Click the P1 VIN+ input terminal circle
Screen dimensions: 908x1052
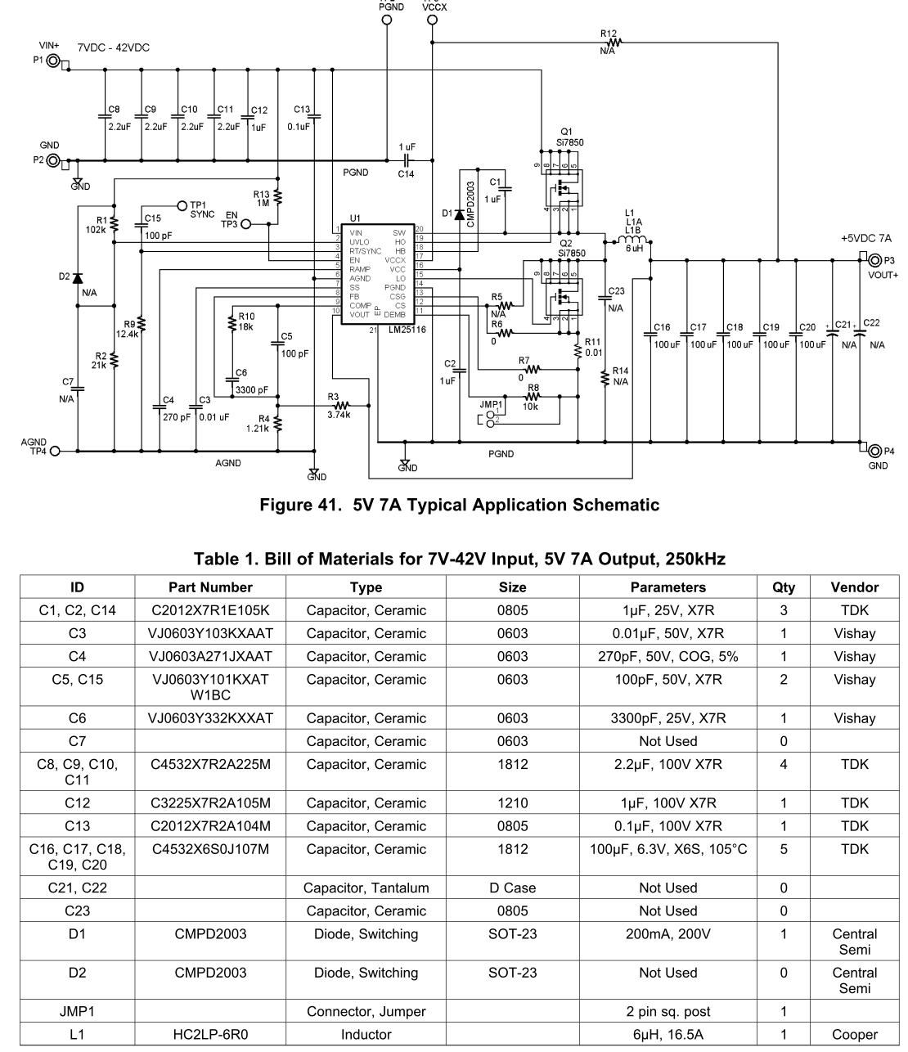[53, 61]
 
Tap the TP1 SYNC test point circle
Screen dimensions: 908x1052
[182, 205]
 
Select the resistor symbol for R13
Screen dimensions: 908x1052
[277, 197]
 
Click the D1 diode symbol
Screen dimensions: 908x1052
[460, 215]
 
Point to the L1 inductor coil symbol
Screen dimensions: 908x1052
[632, 239]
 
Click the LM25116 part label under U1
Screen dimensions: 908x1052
[407, 330]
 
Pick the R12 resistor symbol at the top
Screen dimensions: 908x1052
[614, 43]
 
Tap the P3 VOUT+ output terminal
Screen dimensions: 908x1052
[875, 261]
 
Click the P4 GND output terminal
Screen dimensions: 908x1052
[875, 451]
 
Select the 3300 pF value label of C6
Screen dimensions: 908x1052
[251, 390]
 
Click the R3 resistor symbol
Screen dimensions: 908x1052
[341, 406]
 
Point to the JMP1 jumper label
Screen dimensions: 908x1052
[491, 405]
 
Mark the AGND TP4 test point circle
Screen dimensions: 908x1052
[55, 451]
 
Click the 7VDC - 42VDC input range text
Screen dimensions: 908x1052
[114, 47]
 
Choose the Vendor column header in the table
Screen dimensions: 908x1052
[855, 587]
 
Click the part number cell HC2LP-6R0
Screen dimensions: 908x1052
[210, 1034]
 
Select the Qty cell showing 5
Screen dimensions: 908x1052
[784, 849]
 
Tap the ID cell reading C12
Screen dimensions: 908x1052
[78, 802]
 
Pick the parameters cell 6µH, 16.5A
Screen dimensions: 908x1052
[668, 1034]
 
